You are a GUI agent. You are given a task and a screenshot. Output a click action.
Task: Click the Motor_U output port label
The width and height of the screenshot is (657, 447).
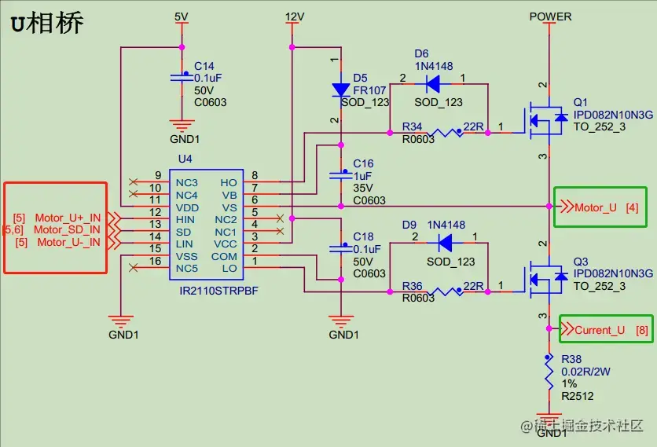tap(596, 208)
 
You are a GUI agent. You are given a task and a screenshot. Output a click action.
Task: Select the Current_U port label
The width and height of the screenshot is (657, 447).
tap(600, 330)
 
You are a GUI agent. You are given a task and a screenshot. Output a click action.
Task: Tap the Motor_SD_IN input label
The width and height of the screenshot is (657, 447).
tap(67, 229)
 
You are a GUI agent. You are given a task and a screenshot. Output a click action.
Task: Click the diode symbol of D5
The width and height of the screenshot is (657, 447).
tap(341, 90)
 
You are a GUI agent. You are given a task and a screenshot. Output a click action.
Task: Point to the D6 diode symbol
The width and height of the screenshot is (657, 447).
tap(433, 84)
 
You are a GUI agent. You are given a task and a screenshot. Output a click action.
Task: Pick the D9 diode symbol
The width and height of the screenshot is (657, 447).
tap(445, 243)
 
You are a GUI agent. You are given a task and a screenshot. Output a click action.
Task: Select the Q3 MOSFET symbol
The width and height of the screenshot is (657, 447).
tap(544, 279)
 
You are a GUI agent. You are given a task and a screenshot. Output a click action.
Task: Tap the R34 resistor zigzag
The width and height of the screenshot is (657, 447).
tap(446, 133)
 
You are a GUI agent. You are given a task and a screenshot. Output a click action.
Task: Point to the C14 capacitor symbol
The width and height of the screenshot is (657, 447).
tap(182, 77)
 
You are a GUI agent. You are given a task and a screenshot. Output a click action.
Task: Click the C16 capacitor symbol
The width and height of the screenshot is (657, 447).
tap(341, 175)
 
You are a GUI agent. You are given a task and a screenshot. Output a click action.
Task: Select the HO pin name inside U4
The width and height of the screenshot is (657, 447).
tap(229, 183)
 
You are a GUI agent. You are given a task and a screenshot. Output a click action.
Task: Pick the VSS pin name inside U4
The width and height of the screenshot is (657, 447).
tap(186, 256)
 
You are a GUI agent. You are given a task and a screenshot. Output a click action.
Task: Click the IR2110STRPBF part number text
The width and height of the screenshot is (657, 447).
tap(218, 291)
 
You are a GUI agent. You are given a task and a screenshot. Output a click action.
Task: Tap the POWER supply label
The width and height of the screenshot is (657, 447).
tap(550, 16)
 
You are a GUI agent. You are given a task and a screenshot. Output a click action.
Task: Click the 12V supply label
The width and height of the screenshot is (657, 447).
tap(295, 16)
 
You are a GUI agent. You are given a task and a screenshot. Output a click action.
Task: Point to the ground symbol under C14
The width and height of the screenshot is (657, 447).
tap(182, 126)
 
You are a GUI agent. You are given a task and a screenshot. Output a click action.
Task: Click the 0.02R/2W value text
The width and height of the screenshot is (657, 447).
tap(585, 372)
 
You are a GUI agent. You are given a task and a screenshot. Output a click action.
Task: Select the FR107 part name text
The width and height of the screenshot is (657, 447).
tap(369, 90)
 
